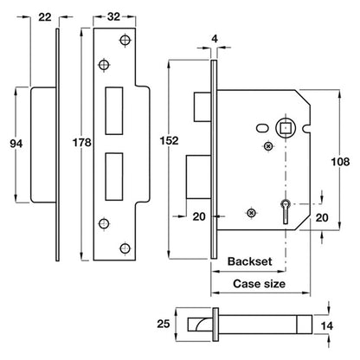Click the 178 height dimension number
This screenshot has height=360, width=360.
[81, 143]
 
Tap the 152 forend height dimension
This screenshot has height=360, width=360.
[170, 141]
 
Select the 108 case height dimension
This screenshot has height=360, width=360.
[340, 162]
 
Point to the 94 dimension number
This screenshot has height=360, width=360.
[16, 144]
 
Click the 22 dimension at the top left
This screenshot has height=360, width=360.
[45, 17]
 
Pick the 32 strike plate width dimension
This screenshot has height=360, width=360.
[113, 16]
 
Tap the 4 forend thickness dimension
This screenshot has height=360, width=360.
[215, 38]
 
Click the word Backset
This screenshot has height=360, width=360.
[250, 261]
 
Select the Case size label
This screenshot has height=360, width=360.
[259, 284]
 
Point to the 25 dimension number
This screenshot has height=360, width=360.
[164, 324]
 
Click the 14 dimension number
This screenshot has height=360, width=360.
[327, 326]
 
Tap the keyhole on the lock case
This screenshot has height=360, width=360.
[285, 211]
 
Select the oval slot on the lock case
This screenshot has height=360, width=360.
[261, 128]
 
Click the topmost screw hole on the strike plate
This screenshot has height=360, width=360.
[125, 41]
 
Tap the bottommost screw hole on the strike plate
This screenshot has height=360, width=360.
[125, 248]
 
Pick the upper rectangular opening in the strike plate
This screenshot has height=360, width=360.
[114, 111]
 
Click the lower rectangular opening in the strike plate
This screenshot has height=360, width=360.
[114, 177]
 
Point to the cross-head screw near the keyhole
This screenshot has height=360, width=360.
[251, 213]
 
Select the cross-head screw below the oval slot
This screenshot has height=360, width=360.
[268, 146]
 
